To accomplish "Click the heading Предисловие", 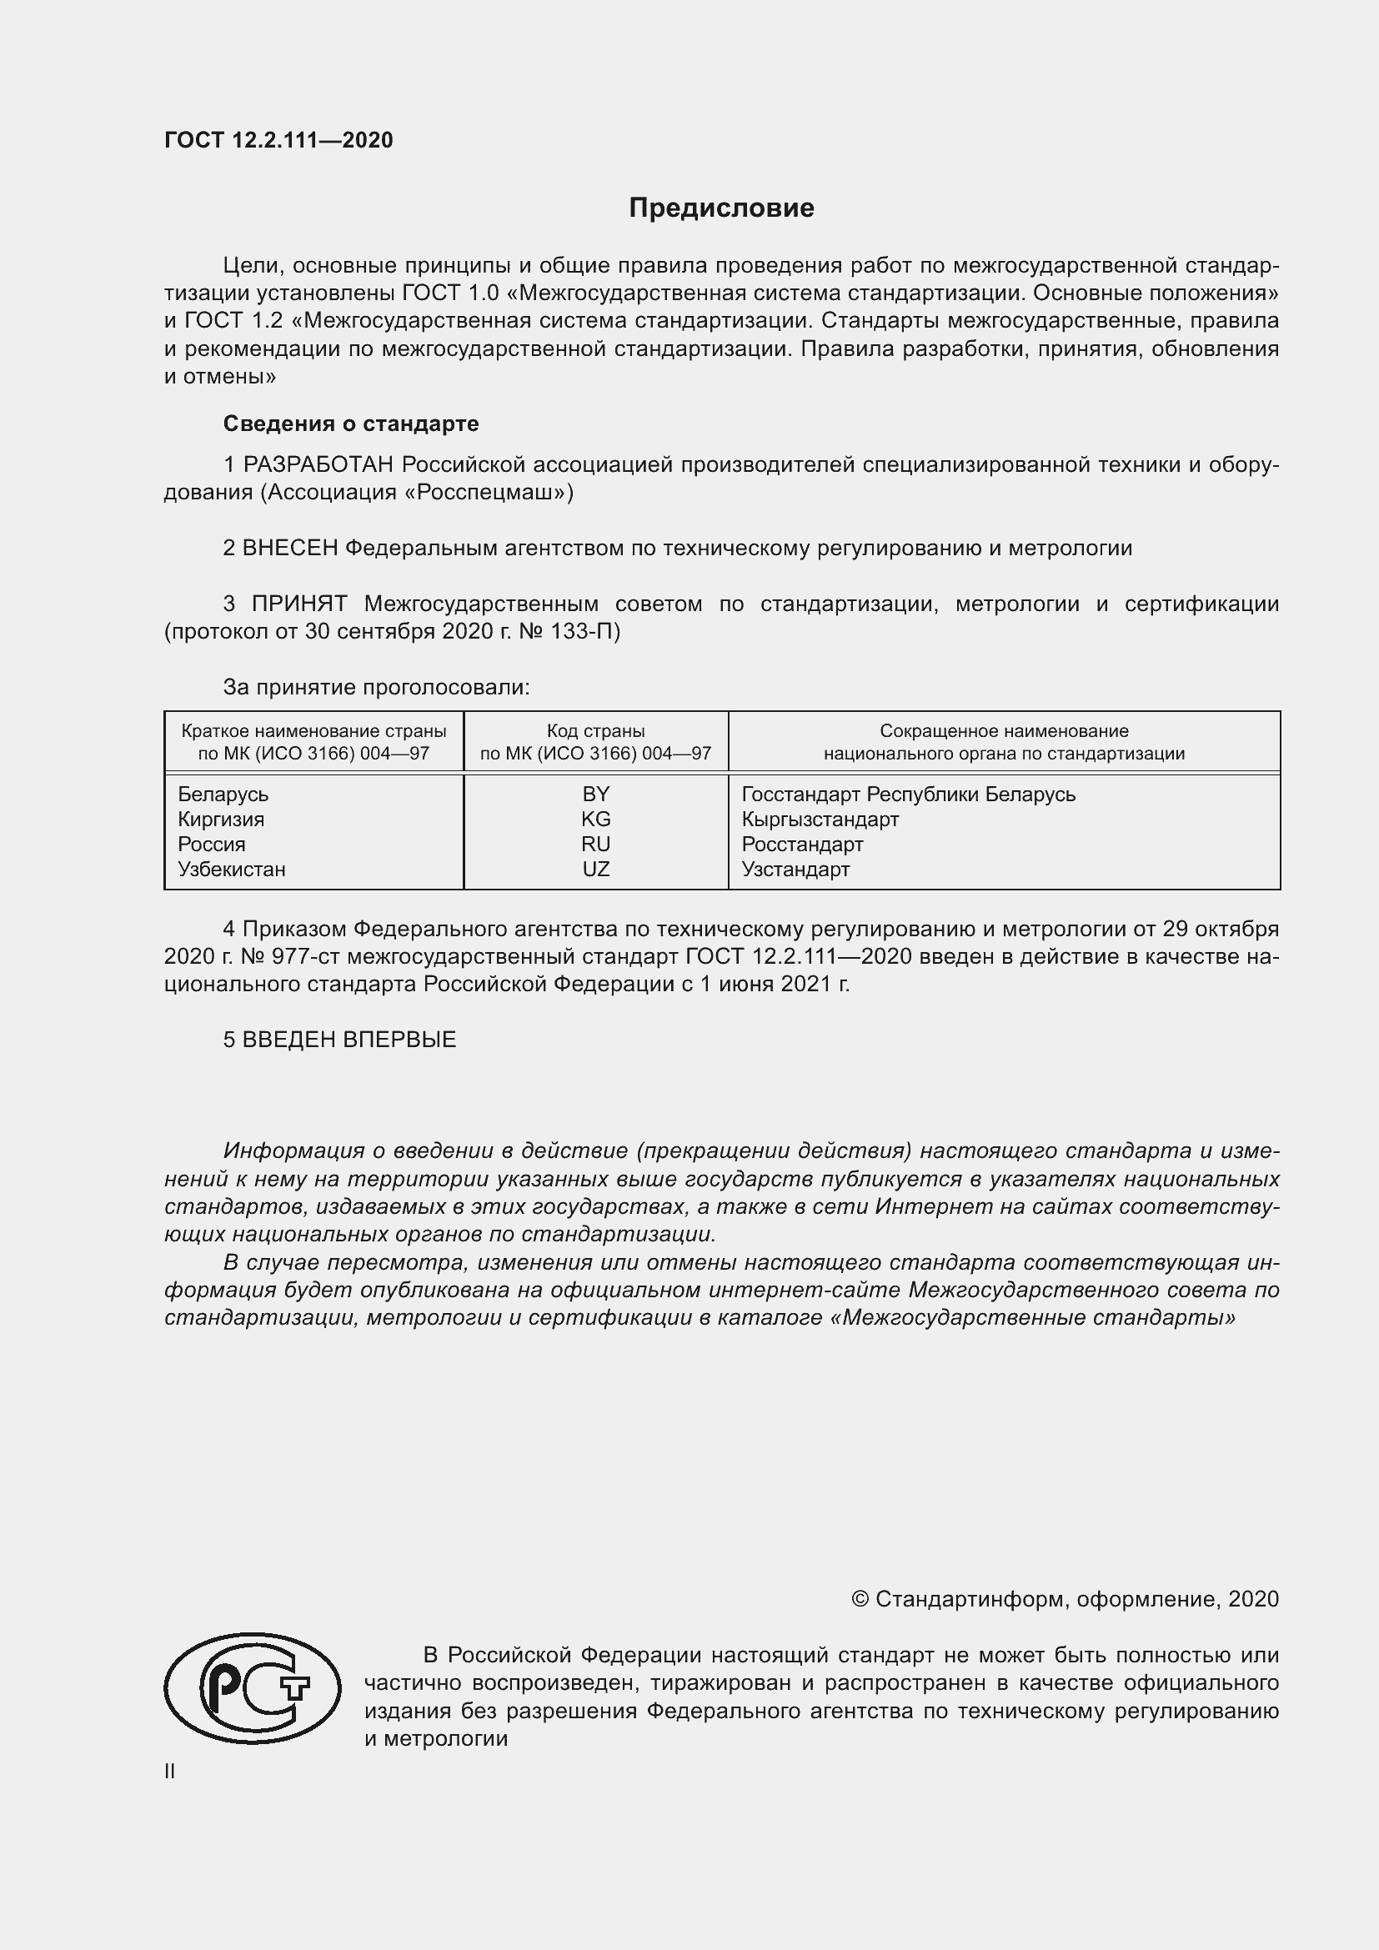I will click(x=721, y=208).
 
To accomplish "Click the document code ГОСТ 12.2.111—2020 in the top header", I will click(x=278, y=140).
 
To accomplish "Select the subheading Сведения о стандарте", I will click(x=351, y=423).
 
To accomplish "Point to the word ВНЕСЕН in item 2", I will click(x=290, y=548).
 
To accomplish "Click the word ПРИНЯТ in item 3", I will click(x=299, y=604).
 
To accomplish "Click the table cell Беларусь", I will click(x=223, y=795).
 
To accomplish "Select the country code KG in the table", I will click(x=596, y=819).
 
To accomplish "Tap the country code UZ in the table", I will click(x=596, y=869).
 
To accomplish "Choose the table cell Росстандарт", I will click(x=802, y=845).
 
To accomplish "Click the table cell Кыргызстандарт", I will click(x=820, y=819).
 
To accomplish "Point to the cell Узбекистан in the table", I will click(x=232, y=869).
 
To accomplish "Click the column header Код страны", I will click(x=596, y=730).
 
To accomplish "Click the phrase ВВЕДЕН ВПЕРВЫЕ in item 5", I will click(x=349, y=1040).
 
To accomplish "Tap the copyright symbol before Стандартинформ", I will click(x=860, y=1599).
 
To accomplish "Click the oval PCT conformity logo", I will click(x=252, y=1688).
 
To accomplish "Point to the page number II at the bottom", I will click(x=170, y=1772).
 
